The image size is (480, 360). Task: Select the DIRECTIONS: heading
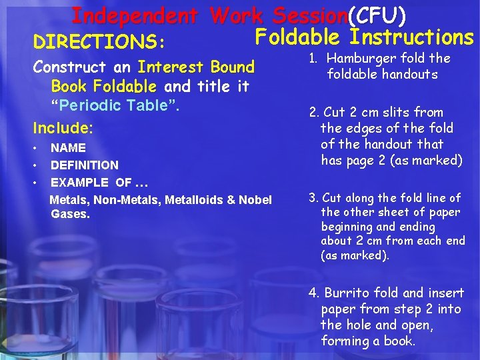tap(98, 43)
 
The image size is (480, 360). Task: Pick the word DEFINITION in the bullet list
tap(85, 165)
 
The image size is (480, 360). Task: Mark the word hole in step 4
tap(359, 325)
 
